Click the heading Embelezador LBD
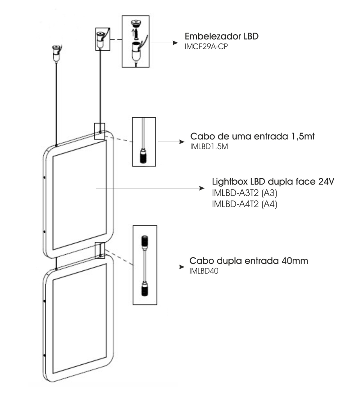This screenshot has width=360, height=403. coord(221,35)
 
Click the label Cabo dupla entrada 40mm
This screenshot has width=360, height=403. coord(249,260)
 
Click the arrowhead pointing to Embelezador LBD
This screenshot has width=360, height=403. coord(175,42)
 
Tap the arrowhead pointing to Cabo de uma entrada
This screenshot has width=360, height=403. coord(180,142)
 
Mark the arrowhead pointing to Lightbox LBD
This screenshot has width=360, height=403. coord(202,188)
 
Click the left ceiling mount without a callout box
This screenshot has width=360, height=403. coord(55,52)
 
